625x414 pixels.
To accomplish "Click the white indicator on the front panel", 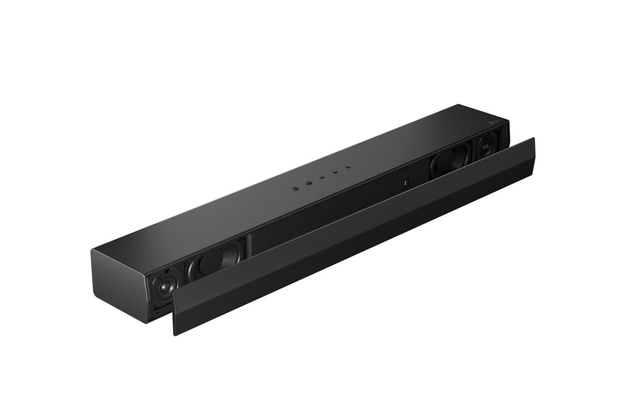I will pos(406,182).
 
